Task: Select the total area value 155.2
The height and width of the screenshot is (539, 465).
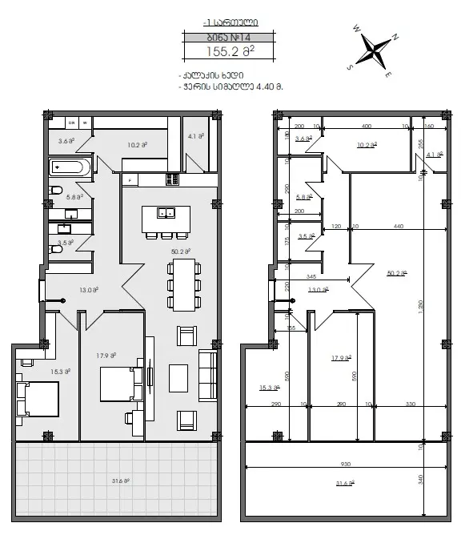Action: [x=230, y=51]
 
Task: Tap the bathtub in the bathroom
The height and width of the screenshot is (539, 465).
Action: [x=70, y=168]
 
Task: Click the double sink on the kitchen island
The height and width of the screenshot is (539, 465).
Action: [x=167, y=212]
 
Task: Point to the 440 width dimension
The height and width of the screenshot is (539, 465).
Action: [x=398, y=227]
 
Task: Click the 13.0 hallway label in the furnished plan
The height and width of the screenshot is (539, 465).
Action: [x=90, y=290]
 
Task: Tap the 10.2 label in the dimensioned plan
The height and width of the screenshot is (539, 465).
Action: [x=367, y=145]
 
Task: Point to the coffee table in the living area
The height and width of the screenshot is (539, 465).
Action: [x=178, y=377]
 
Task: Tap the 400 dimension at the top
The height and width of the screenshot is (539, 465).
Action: [x=366, y=127]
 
